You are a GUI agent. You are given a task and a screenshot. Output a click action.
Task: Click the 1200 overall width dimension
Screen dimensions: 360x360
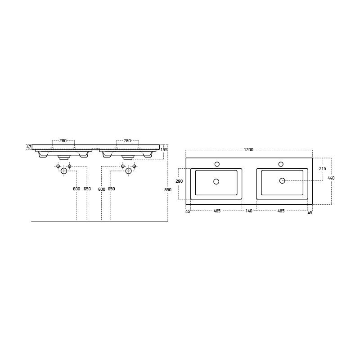[x=248, y=150]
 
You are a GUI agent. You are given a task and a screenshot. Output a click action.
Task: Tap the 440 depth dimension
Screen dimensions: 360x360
[x=331, y=178]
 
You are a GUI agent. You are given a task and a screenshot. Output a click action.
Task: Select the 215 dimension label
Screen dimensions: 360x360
[x=323, y=168]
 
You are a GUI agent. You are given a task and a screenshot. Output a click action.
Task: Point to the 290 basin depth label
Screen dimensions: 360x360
[x=179, y=181]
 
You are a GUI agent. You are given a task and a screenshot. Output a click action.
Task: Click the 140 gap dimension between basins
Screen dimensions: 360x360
[x=249, y=211]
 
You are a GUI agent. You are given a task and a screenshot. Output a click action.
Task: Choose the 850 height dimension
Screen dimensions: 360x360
[x=168, y=190]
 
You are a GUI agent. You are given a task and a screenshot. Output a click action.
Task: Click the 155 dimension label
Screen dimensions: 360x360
[x=164, y=150]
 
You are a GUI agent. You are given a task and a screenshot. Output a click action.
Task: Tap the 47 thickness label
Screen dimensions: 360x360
[x=29, y=147]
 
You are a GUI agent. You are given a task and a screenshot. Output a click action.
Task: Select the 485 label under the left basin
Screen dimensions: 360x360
[x=217, y=211]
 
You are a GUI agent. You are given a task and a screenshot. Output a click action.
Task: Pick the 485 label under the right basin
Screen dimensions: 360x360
[x=281, y=211]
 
